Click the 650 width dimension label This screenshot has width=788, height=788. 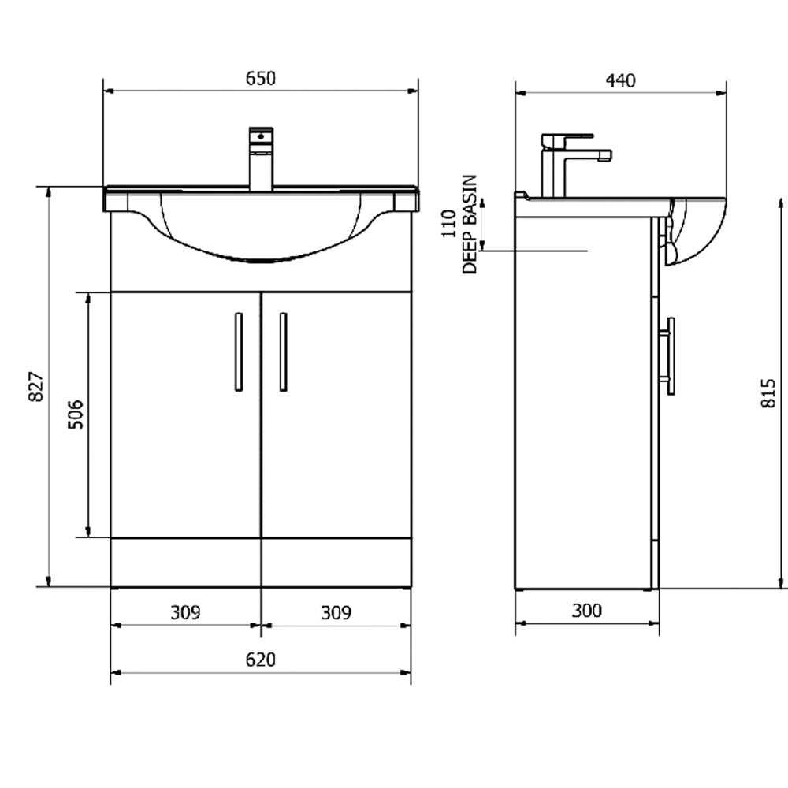260,78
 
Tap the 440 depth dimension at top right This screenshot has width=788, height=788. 620,80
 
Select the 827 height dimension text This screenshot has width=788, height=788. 35,386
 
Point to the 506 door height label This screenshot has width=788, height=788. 76,414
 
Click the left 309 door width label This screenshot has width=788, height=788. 185,612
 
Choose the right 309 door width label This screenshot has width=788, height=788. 336,612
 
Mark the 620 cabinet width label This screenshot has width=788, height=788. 260,660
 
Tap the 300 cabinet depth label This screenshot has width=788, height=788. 586,611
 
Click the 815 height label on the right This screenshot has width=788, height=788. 768,393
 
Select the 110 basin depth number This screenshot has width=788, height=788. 449,224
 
